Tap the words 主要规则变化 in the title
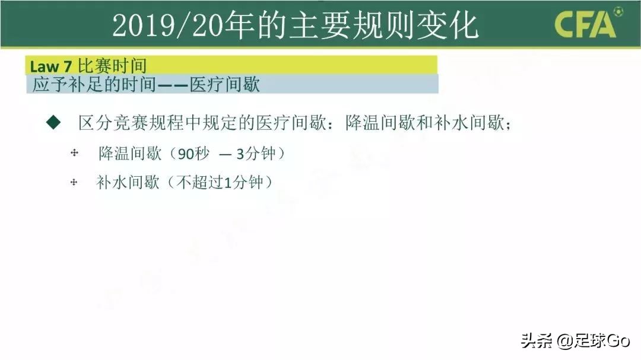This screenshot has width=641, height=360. tap(383, 26)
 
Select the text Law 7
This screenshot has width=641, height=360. tap(52, 66)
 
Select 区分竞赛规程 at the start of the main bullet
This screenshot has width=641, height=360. tap(123, 123)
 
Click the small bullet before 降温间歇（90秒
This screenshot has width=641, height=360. tap(74, 154)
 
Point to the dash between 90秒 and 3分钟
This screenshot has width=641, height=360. tap(225, 154)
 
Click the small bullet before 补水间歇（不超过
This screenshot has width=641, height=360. tap(74, 182)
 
